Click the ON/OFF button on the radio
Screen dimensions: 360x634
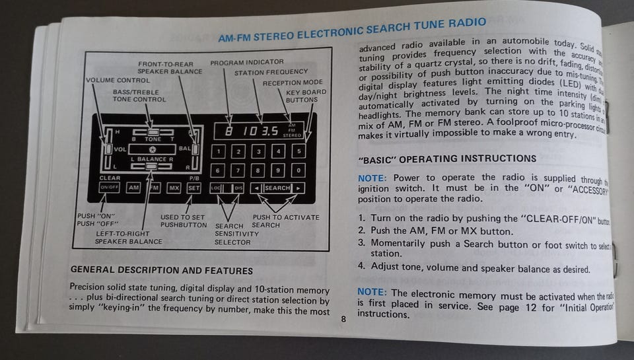pos(108,188)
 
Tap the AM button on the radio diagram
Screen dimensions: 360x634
pos(134,188)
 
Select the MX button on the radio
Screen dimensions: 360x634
pos(174,188)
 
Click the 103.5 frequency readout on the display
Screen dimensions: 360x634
pos(260,130)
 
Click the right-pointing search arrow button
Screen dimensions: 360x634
pos(299,188)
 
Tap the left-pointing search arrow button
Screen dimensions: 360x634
pos(257,188)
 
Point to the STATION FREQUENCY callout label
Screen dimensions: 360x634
pos(271,71)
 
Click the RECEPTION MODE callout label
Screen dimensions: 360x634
pos(292,83)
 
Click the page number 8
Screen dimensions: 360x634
pos(343,319)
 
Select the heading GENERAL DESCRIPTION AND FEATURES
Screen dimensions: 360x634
pos(161,270)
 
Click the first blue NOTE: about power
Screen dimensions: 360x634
pos(372,178)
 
